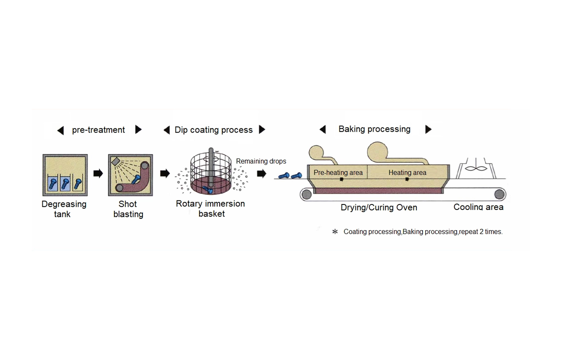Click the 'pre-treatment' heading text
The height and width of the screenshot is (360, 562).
pos(98,130)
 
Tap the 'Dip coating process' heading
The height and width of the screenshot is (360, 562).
pos(213,130)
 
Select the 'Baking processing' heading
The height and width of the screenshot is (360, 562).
pos(374,129)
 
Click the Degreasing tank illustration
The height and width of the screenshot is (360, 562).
pos(65,175)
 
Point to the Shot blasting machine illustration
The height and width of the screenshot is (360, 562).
pos(130,175)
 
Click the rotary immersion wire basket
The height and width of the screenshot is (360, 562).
pos(211,173)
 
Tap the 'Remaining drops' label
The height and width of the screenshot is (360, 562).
pos(261,161)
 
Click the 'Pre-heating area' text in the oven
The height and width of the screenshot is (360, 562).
pos(338,173)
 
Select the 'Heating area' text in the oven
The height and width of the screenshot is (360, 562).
pos(407,173)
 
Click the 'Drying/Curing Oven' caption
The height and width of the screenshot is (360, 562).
pos(379,207)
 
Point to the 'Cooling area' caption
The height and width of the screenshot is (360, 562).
pos(478,207)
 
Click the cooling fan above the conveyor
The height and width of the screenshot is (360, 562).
pos(476,169)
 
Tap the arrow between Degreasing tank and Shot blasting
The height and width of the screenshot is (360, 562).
pos(98,173)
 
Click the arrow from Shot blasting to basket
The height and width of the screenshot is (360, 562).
pos(165,173)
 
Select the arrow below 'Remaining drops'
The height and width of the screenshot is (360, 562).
pos(261,173)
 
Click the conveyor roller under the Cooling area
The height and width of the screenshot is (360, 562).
pos(499,194)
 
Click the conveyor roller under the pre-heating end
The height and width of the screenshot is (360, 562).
pos(306,194)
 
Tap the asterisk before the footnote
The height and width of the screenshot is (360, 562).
pos(335,231)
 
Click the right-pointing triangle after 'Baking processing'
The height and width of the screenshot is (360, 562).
pos(428,129)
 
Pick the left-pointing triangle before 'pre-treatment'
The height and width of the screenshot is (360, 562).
pos(61,130)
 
